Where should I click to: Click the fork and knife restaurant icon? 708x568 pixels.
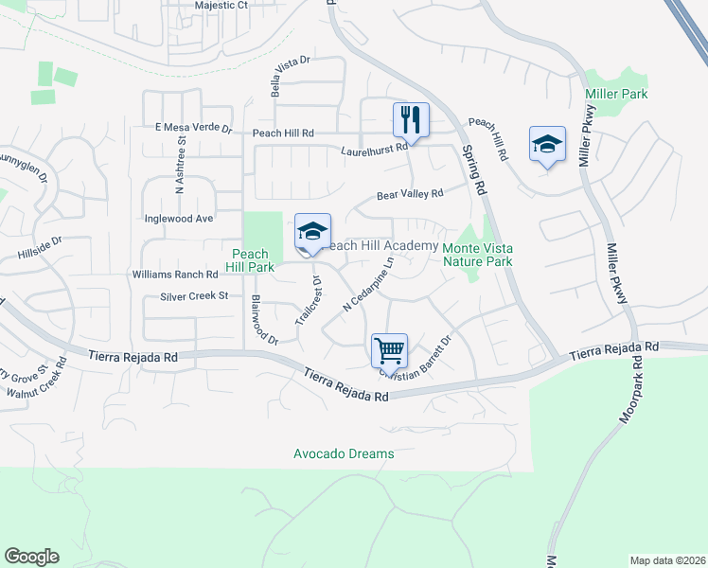pos(411,120)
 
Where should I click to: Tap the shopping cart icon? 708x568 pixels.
pos(389,351)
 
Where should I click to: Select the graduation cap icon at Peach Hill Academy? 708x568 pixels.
pos(312,231)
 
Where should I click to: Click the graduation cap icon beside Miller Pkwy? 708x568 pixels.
pos(547,144)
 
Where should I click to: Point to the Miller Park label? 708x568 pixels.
pos(616,95)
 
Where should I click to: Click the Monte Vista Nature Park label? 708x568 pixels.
pos(478,255)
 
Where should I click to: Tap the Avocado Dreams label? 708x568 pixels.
pos(343,454)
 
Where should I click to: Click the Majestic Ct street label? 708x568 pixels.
pos(221,5)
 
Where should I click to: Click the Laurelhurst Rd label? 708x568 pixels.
pos(375,150)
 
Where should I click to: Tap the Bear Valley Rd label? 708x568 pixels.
pos(410,195)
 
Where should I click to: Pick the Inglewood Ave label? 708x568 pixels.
pos(179,219)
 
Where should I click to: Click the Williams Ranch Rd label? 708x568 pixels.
pos(176,275)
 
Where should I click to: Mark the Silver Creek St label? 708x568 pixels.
pos(195,296)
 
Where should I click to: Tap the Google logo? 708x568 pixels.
pos(31,557)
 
